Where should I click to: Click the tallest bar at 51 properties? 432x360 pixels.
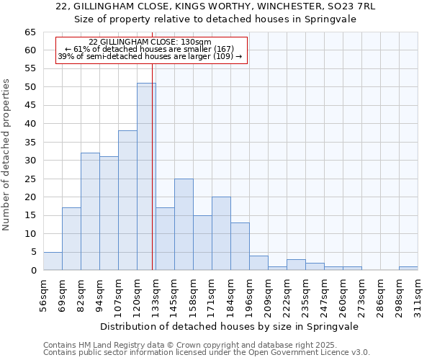coord(146,176)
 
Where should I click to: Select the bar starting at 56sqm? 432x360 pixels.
coord(53,261)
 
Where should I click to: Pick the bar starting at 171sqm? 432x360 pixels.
coord(221,233)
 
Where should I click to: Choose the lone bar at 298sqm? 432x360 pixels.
coord(408,268)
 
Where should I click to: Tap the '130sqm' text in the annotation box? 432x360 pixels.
coord(196,42)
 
